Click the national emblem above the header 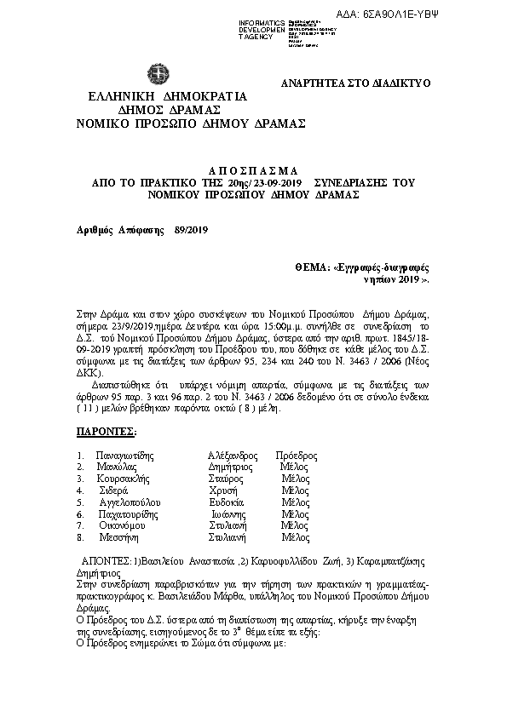[x=157, y=74]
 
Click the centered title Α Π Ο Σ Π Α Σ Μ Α [x=254, y=170]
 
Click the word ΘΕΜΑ [x=311, y=267]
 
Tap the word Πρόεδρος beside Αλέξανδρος [x=297, y=456]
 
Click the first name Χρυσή [x=222, y=491]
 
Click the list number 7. [x=79, y=526]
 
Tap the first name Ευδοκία [x=227, y=502]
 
